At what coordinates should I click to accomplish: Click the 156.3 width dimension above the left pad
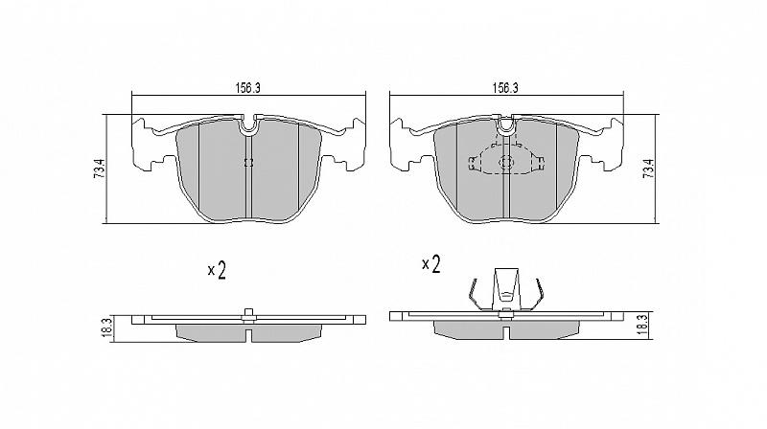click(248, 88)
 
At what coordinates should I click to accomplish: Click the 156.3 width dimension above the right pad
click(505, 88)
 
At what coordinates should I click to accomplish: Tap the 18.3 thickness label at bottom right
click(644, 324)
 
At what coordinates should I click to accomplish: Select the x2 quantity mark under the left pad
click(217, 270)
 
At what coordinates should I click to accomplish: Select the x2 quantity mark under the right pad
click(431, 264)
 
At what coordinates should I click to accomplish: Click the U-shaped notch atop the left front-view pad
click(249, 127)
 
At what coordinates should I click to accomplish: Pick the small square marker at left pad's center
click(248, 163)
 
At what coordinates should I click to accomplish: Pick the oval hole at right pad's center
click(505, 162)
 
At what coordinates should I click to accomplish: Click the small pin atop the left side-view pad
click(248, 315)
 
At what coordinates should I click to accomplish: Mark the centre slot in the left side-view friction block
click(248, 335)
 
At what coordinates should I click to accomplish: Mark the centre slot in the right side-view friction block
click(506, 332)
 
